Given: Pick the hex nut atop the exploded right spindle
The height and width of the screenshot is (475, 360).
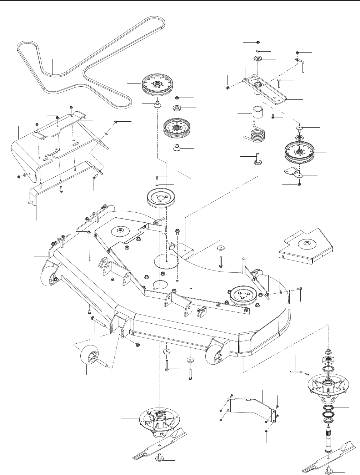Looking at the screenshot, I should click(x=329, y=350).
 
